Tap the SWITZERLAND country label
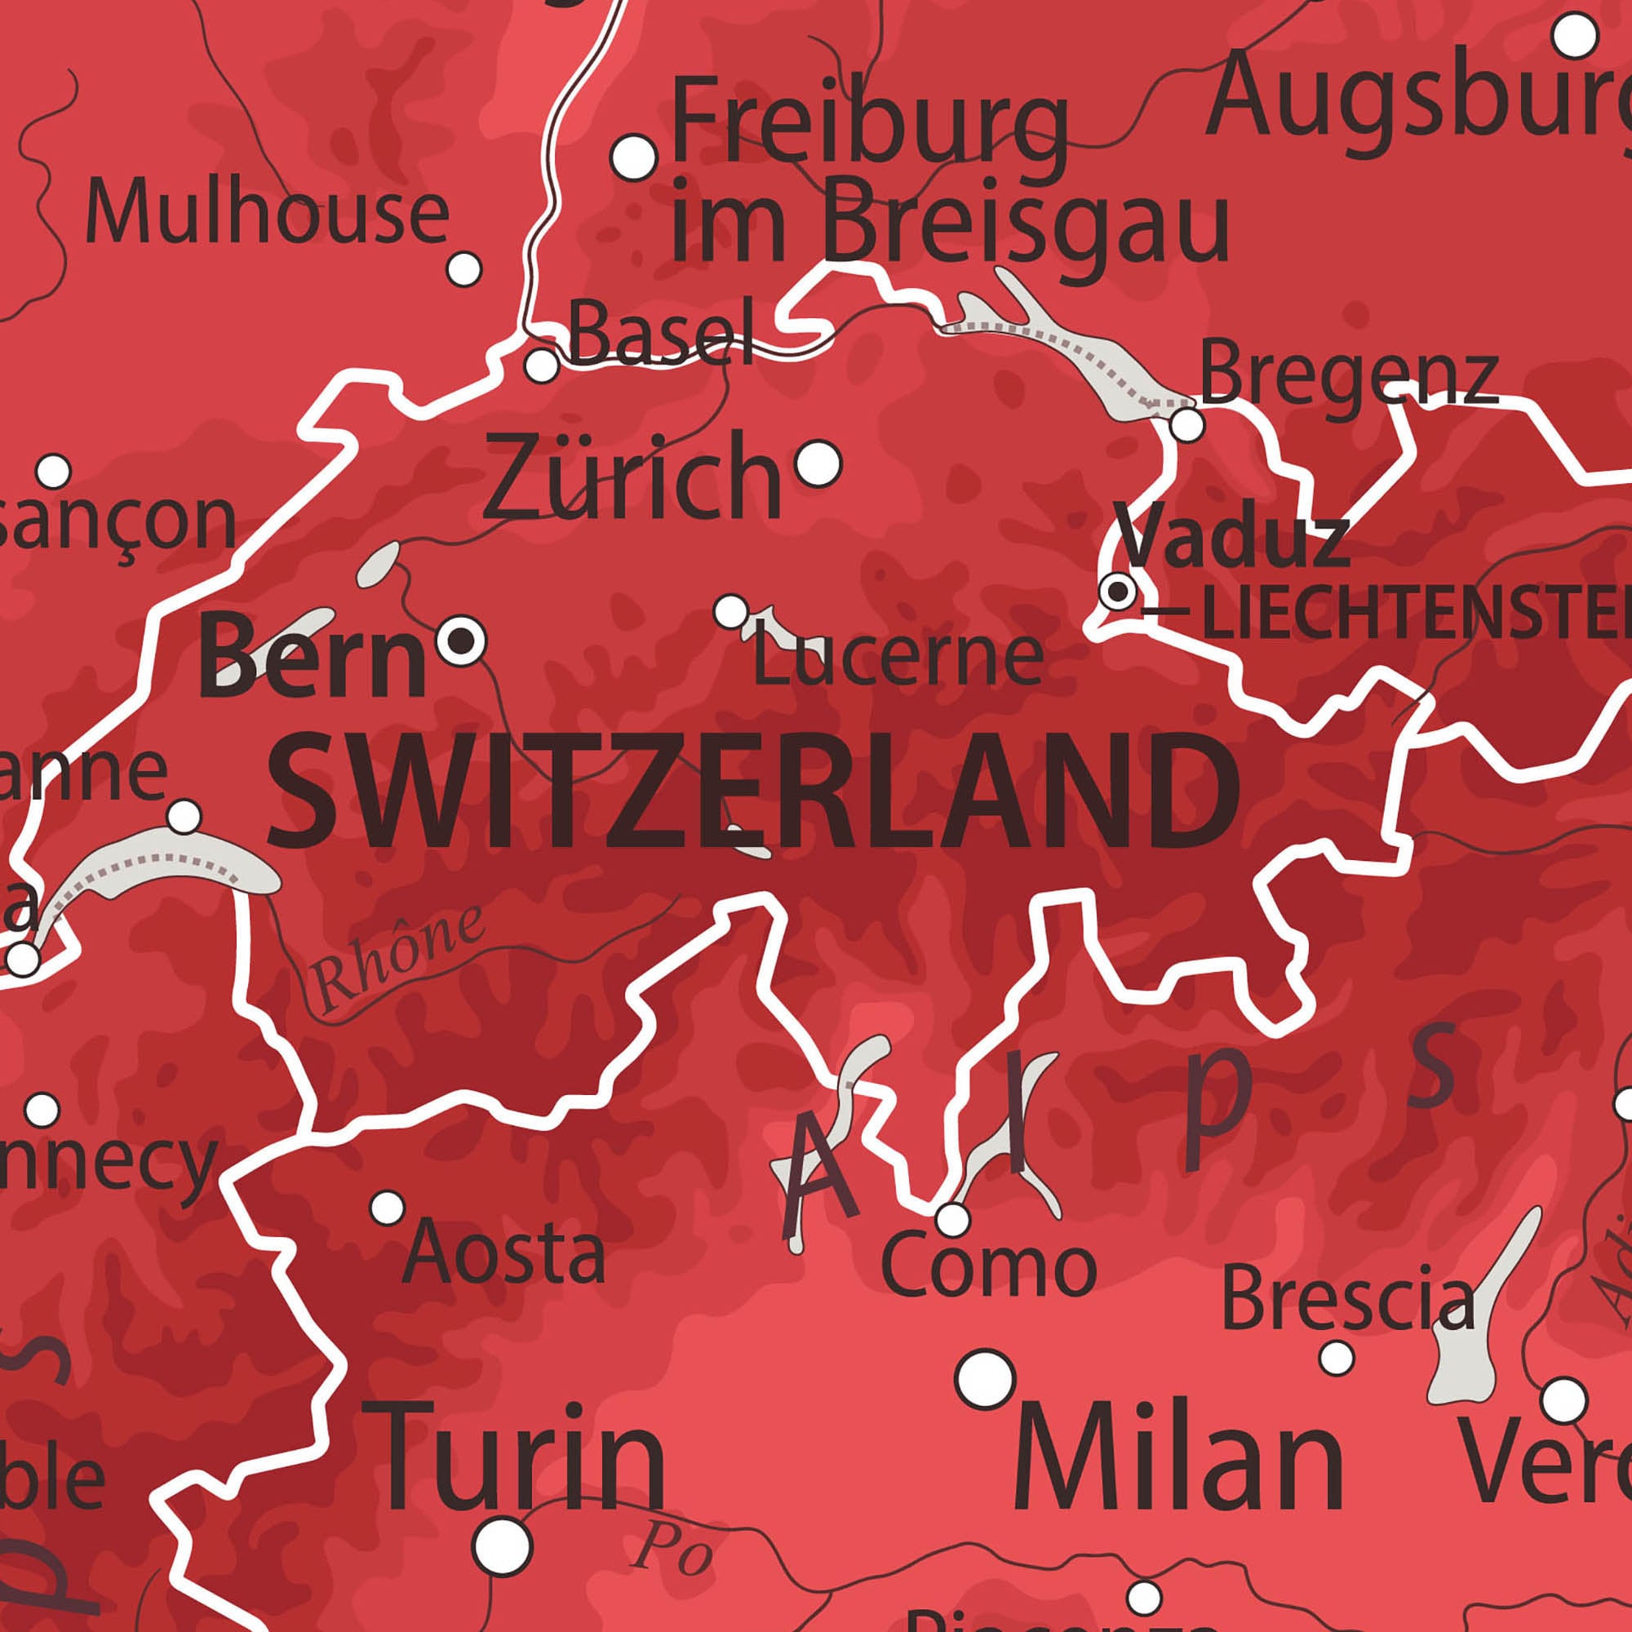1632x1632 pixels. tap(754, 792)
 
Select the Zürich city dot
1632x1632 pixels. tap(818, 463)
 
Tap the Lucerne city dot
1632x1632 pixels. tap(731, 610)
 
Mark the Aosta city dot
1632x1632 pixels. tap(388, 1207)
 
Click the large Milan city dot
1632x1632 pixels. tap(985, 1378)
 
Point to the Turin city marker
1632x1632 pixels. tap(503, 1546)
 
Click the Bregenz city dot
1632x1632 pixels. tap(1187, 425)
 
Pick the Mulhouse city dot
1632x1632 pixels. tap(463, 269)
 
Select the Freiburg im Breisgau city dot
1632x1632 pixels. tap(634, 157)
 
